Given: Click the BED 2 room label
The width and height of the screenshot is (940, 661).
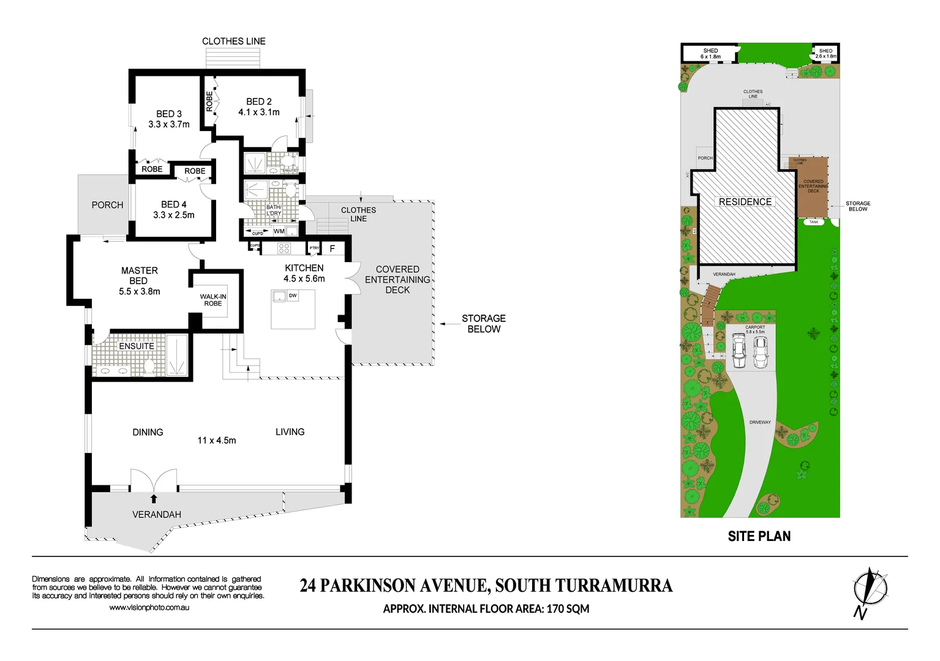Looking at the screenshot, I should point(258,102).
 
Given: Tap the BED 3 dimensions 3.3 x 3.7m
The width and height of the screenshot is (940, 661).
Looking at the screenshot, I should point(169,124).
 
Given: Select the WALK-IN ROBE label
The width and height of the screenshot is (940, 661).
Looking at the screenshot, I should point(213,300).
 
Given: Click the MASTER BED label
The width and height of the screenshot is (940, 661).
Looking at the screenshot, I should point(139,275).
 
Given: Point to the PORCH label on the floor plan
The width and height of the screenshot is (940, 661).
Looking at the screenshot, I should point(107,205).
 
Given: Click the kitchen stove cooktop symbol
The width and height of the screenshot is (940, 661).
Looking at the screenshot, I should point(284,248).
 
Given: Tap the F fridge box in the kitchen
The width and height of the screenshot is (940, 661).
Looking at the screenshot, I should point(333,248).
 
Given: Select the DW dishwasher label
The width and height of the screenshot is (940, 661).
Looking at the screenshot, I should point(293,296).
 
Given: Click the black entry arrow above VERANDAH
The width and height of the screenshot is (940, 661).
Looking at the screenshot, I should point(154,498).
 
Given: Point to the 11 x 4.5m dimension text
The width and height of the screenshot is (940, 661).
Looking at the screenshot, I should point(216,441).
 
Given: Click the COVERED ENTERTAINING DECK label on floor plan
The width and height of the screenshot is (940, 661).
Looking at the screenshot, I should point(397,280).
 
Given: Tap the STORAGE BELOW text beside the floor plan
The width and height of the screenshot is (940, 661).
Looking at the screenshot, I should point(483,324).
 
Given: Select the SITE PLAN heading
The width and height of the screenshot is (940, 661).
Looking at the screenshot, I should point(759,536).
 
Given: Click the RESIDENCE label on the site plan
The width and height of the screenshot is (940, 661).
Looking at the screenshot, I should point(745,202).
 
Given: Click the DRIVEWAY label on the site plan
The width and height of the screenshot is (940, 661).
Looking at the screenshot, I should point(760,422).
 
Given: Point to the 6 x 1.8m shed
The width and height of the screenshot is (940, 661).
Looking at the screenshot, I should point(710,53).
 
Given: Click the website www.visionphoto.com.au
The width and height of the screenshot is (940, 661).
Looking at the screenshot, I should point(149,608).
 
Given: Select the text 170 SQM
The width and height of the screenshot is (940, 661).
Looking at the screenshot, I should point(568,609).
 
